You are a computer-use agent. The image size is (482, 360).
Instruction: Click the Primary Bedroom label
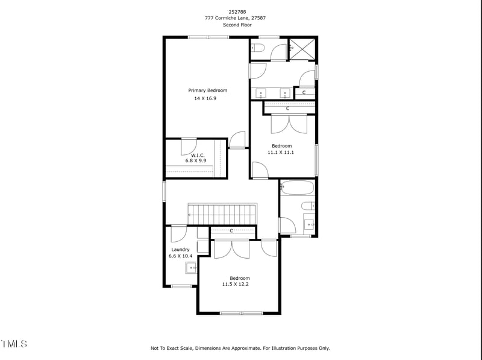pos(207,90)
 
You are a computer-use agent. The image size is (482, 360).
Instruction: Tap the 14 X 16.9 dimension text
pos(205,98)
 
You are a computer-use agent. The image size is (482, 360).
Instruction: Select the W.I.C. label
pos(198,154)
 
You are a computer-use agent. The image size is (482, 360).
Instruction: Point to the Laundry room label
pos(180,249)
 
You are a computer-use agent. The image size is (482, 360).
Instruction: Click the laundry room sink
pos(191,268)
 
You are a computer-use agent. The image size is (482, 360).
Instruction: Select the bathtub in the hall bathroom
pos(297,188)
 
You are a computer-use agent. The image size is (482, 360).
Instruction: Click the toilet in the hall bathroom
pos(308,206)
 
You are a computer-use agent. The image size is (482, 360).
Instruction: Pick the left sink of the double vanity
pos(261,93)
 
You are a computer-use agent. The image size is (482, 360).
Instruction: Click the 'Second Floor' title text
pos(235,25)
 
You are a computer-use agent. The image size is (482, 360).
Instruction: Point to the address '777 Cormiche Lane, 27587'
pos(235,18)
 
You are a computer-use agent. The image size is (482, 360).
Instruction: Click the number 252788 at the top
pos(237,11)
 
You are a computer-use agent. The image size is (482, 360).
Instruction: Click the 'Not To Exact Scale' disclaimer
pos(240,348)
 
